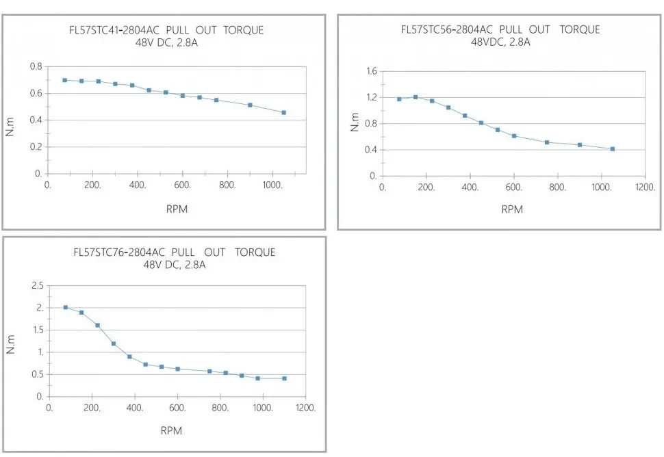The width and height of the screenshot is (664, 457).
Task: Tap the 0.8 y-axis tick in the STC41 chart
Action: click(35, 66)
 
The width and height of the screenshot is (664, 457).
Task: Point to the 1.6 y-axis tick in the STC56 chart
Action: click(371, 71)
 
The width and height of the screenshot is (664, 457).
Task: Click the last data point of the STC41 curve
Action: click(283, 112)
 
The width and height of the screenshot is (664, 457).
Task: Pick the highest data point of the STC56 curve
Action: click(416, 97)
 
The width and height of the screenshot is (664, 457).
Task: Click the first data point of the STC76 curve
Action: click(66, 307)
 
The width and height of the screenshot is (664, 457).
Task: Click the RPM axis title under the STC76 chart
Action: click(171, 430)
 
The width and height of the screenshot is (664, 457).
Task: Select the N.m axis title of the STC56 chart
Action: click(355, 123)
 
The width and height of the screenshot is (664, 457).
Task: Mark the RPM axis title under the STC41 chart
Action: click(176, 209)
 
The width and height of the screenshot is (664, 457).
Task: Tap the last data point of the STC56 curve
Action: click(613, 148)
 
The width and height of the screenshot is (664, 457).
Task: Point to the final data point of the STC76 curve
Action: click(284, 378)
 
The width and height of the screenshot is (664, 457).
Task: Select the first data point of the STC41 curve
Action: click(65, 80)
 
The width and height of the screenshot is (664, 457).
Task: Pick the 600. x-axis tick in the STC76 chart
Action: click(178, 408)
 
